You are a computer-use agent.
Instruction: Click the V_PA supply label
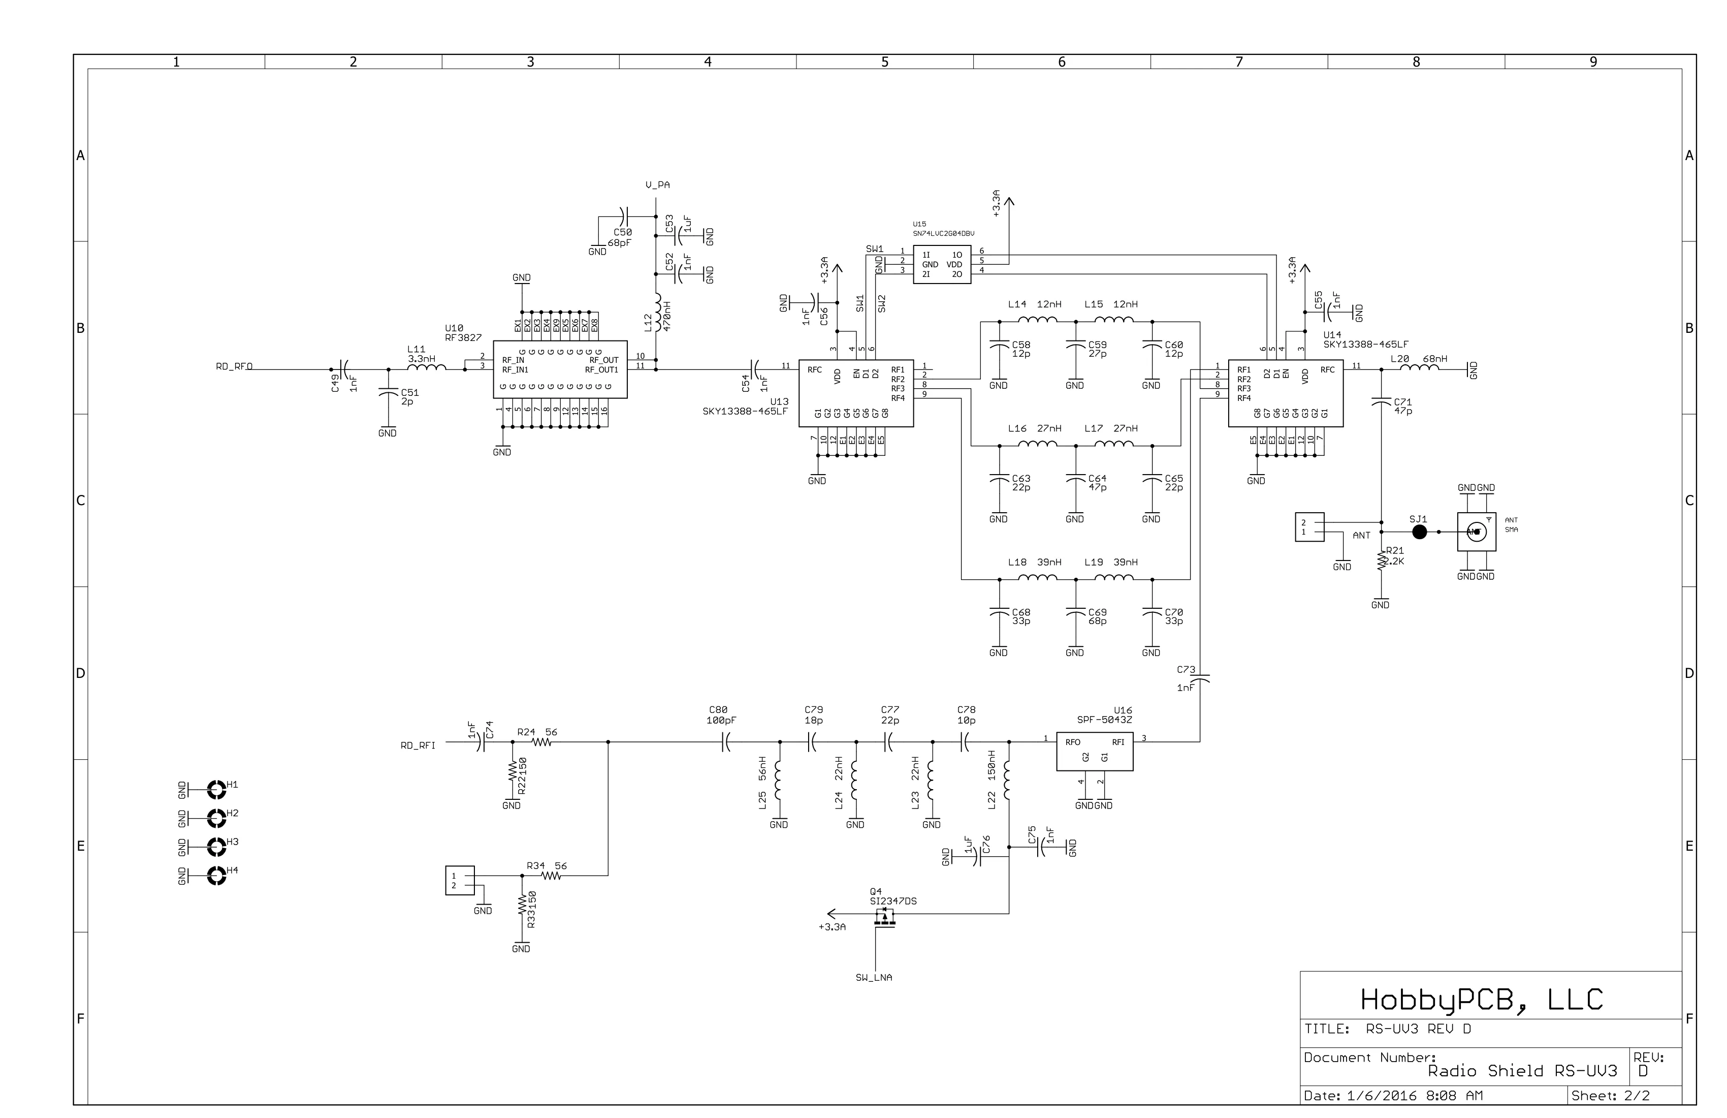pyautogui.click(x=657, y=185)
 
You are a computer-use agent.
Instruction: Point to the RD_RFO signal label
pyautogui.click(x=234, y=366)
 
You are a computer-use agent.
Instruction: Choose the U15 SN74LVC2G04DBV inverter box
pyautogui.click(x=941, y=264)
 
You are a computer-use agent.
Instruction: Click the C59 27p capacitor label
pyautogui.click(x=1097, y=349)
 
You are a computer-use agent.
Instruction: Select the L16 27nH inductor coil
pyautogui.click(x=1037, y=444)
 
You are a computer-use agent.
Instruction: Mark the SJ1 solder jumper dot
pyautogui.click(x=1419, y=532)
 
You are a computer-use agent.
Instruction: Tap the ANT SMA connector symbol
pyautogui.click(x=1476, y=532)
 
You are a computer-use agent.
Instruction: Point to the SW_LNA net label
pyautogui.click(x=874, y=978)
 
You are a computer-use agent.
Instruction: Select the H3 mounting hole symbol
pyautogui.click(x=216, y=847)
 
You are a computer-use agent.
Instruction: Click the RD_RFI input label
pyautogui.click(x=418, y=746)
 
